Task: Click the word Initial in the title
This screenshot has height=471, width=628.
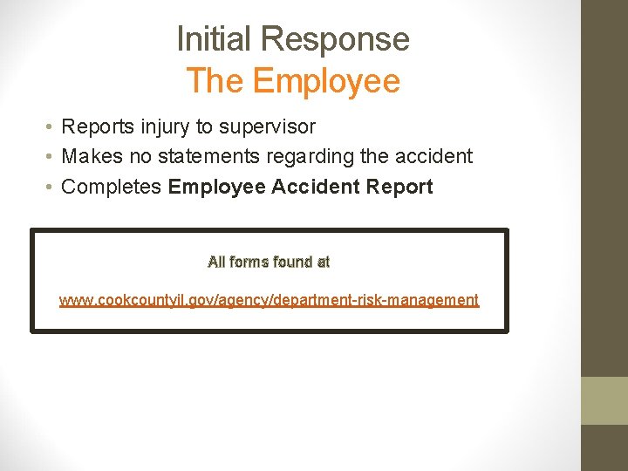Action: (215, 39)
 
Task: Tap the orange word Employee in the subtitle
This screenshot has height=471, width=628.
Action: (325, 81)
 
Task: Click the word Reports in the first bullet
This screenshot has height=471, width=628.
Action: (95, 127)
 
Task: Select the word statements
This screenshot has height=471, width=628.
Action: (195, 157)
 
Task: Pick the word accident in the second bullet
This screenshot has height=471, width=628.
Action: (431, 157)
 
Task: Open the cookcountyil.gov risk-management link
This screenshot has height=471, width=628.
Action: (269, 300)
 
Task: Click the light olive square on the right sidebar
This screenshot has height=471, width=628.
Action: (604, 399)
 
